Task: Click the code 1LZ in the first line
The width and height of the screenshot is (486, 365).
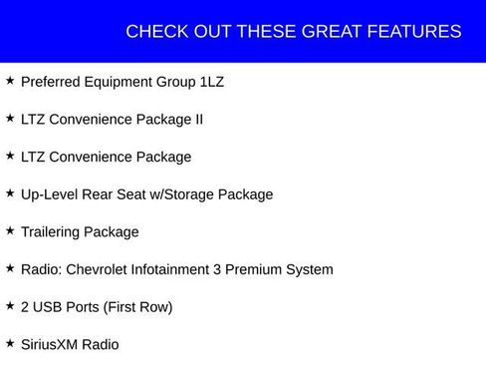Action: [x=211, y=82]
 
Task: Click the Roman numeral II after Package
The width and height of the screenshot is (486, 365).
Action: [x=197, y=120]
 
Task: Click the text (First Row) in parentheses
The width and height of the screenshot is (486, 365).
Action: [x=137, y=307]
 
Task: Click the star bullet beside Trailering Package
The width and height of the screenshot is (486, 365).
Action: [x=10, y=231]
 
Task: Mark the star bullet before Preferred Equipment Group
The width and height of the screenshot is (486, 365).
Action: [x=10, y=81]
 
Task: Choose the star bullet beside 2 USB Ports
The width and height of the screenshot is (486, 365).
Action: [x=10, y=306]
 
